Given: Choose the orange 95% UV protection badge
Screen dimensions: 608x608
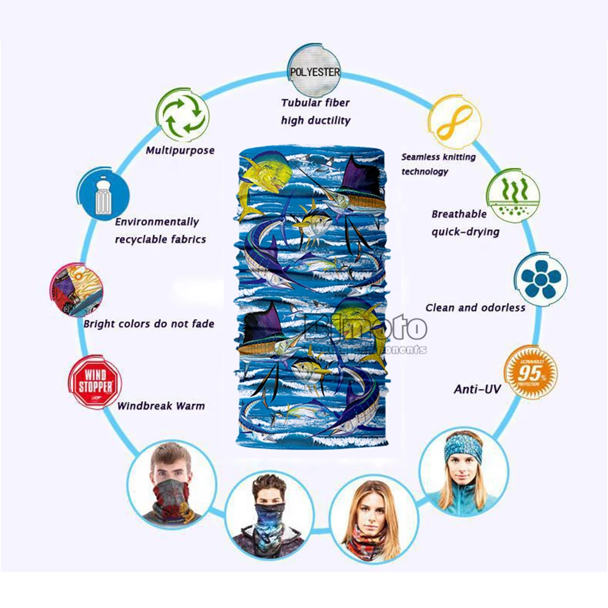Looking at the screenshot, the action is pyautogui.click(x=531, y=372).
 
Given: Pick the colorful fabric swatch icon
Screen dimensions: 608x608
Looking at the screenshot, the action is pyautogui.click(x=76, y=288).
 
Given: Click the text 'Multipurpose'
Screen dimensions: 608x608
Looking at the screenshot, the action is pyautogui.click(x=180, y=150).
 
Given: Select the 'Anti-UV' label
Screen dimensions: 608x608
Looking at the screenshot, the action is pyautogui.click(x=477, y=389).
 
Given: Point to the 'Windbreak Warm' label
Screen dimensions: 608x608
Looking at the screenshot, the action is pyautogui.click(x=161, y=406).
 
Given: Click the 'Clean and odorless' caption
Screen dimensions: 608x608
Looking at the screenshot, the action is pyautogui.click(x=475, y=308).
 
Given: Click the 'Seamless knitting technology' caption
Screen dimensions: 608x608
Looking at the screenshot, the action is pyautogui.click(x=438, y=164).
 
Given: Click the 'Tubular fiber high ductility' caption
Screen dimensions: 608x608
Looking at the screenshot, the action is pyautogui.click(x=315, y=112).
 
